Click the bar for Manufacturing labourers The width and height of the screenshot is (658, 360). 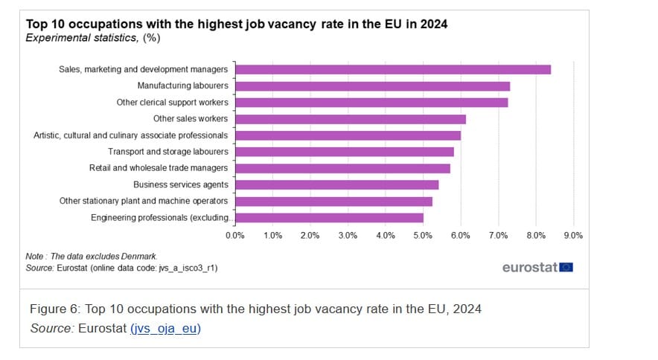pyautogui.click(x=372, y=86)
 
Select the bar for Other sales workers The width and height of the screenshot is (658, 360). pyautogui.click(x=350, y=119)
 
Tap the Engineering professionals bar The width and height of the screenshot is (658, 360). pyautogui.click(x=329, y=218)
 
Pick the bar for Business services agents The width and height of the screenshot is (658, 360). pyautogui.click(x=336, y=184)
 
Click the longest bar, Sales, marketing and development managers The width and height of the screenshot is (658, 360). pyautogui.click(x=393, y=69)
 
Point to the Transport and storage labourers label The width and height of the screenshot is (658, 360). pyautogui.click(x=167, y=152)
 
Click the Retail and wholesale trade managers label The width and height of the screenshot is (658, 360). pyautogui.click(x=158, y=168)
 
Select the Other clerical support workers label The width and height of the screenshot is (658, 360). pyautogui.click(x=172, y=103)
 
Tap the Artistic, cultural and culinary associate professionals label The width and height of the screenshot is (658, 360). pyautogui.click(x=131, y=135)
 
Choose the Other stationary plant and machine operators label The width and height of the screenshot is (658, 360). pyautogui.click(x=144, y=201)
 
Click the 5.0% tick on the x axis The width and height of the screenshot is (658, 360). pyautogui.click(x=423, y=235)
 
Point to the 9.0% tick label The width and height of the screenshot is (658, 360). pyautogui.click(x=573, y=235)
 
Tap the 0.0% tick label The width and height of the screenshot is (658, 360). pyautogui.click(x=234, y=235)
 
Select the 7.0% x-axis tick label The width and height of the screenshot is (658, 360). pyautogui.click(x=498, y=235)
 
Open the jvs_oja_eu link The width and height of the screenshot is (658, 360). pyautogui.click(x=166, y=328)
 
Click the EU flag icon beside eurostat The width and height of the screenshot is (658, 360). pyautogui.click(x=566, y=267)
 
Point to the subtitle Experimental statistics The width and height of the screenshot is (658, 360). pyautogui.click(x=80, y=37)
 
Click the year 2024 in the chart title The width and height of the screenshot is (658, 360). pyautogui.click(x=432, y=24)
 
